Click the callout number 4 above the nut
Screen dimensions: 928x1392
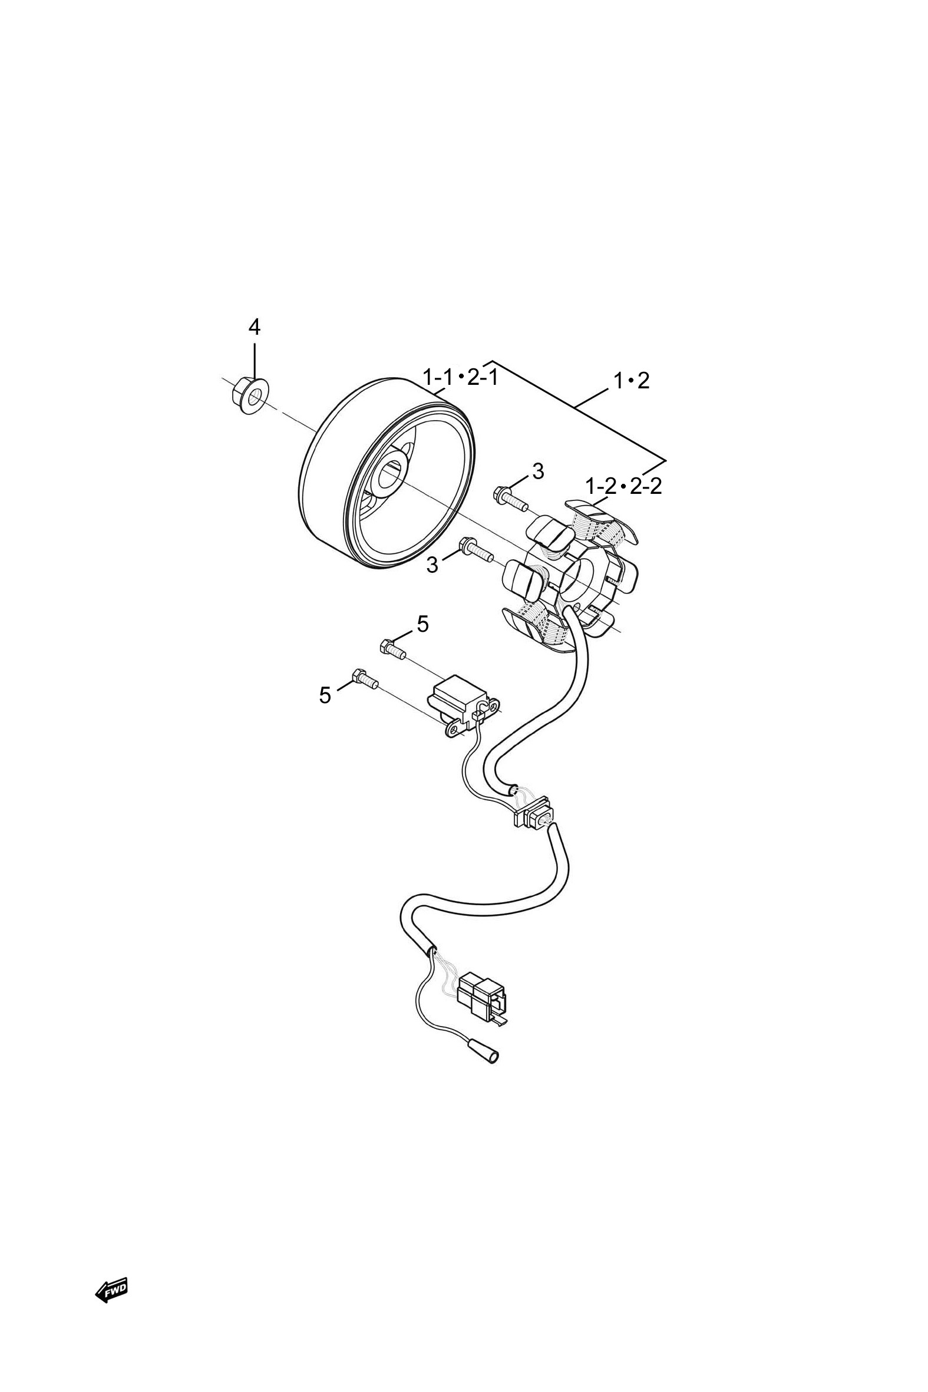pos(254,326)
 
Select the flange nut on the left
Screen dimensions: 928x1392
pos(247,395)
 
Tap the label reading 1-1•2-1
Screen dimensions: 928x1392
pos(460,377)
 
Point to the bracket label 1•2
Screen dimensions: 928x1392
pos(631,381)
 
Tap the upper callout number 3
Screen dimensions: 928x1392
pos(537,471)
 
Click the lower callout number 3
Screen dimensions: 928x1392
pos(432,565)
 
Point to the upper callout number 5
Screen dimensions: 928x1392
pos(422,624)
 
